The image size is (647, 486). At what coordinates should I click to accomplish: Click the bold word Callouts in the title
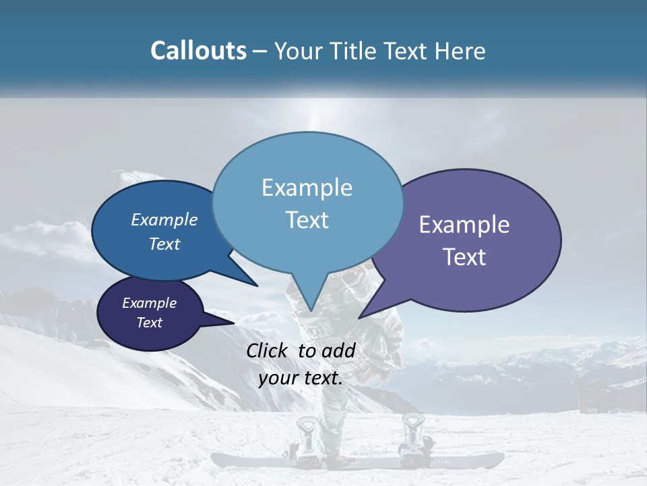click(198, 51)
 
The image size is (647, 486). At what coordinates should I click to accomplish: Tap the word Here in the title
click(460, 51)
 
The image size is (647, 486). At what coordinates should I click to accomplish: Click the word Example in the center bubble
click(307, 188)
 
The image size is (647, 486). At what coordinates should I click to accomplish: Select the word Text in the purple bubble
click(464, 257)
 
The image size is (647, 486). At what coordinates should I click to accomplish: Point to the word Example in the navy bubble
click(149, 303)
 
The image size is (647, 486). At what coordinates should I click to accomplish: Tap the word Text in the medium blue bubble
click(164, 244)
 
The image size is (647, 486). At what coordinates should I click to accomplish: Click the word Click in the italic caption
click(268, 350)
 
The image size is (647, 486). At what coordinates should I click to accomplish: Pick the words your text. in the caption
click(301, 378)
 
